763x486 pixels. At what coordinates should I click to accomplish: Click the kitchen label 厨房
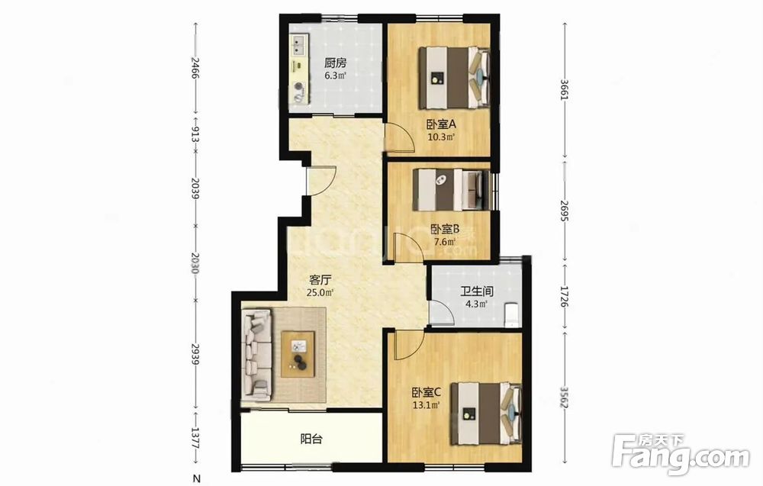[335, 63]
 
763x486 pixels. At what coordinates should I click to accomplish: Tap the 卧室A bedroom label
[441, 124]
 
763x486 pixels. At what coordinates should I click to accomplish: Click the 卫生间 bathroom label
[477, 291]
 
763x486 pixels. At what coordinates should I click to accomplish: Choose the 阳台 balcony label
[311, 439]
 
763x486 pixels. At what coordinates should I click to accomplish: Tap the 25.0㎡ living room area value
[320, 293]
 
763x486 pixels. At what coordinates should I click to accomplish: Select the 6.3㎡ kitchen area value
[335, 76]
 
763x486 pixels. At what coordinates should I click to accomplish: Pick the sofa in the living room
[257, 355]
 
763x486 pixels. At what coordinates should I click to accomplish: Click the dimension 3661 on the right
[565, 89]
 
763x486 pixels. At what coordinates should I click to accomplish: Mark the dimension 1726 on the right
[565, 296]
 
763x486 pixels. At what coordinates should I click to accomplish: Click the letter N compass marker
[197, 478]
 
